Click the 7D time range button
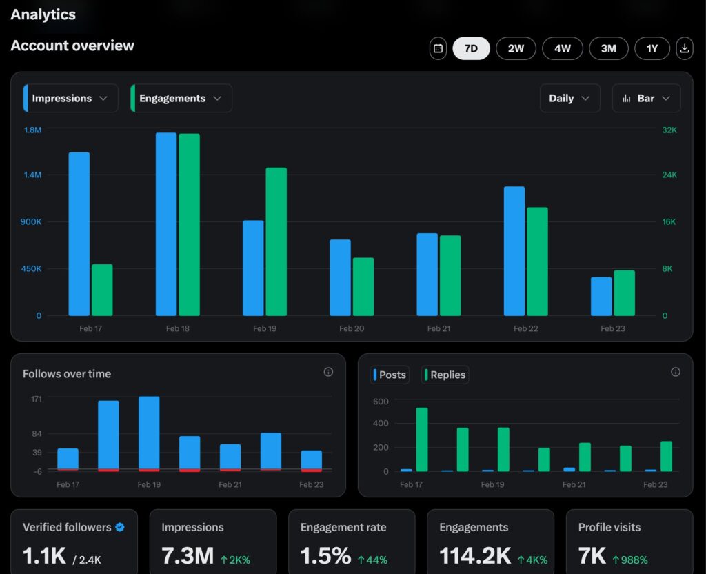click(471, 48)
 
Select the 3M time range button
click(608, 48)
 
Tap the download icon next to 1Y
click(685, 48)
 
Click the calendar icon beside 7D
click(438, 48)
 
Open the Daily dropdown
click(569, 98)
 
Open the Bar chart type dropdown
click(646, 98)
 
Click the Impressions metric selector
click(70, 98)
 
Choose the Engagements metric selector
click(181, 98)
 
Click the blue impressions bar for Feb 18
click(166, 224)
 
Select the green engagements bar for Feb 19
click(276, 241)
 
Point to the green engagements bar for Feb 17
click(102, 290)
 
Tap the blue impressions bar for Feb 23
click(601, 297)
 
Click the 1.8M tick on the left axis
click(33, 130)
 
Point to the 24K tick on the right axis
click(669, 175)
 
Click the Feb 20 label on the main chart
click(352, 328)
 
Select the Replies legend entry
click(445, 375)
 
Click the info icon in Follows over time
click(328, 372)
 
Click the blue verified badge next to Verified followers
click(120, 527)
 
